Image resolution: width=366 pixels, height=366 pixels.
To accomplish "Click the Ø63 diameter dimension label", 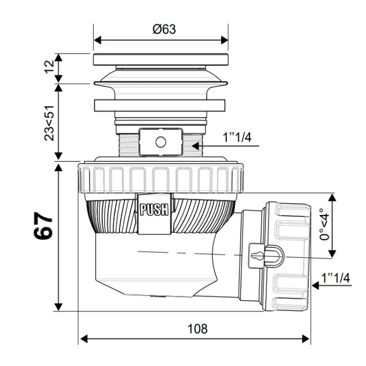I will point(164,29).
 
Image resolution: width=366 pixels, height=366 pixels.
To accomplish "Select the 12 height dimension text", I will point(50,67).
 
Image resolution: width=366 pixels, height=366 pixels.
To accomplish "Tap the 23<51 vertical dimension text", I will point(50,122).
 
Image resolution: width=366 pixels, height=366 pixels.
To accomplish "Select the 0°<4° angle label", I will point(323,225).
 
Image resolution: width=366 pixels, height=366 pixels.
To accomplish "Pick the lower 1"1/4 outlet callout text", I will point(336,278).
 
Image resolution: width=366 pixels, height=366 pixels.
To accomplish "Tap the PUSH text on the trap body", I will point(154,211).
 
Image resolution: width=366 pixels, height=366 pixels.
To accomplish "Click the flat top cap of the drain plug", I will point(160,59).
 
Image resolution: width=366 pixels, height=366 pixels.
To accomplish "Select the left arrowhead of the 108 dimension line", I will point(83,338).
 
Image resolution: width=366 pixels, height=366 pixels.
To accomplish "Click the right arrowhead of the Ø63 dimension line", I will point(225,40).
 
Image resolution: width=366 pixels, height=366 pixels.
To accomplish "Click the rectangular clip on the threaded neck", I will point(160,141).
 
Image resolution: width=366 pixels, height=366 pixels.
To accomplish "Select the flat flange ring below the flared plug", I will point(160,105).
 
